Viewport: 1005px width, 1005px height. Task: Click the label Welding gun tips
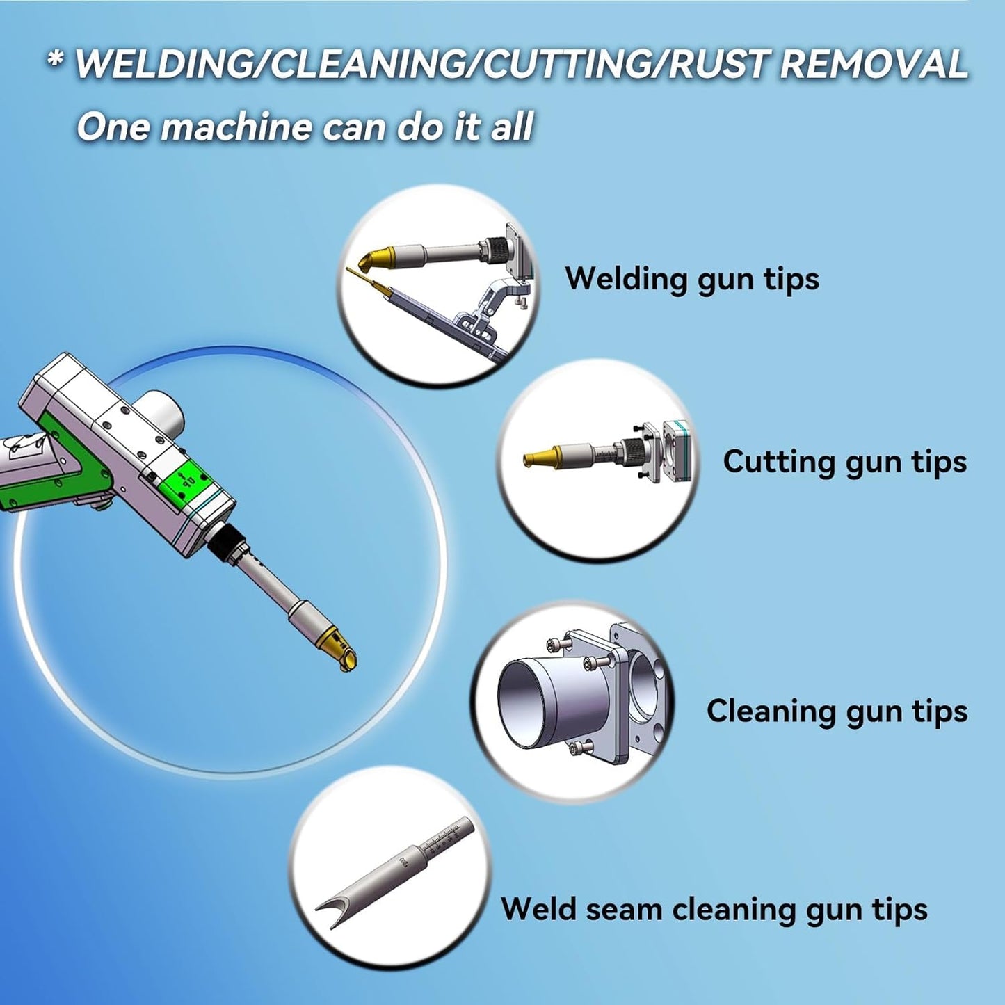pyautogui.click(x=692, y=278)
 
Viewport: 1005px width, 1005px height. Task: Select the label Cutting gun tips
pyautogui.click(x=844, y=461)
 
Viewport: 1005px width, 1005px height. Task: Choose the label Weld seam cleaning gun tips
pyautogui.click(x=714, y=908)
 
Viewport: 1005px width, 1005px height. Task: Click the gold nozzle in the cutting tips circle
pyautogui.click(x=540, y=457)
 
